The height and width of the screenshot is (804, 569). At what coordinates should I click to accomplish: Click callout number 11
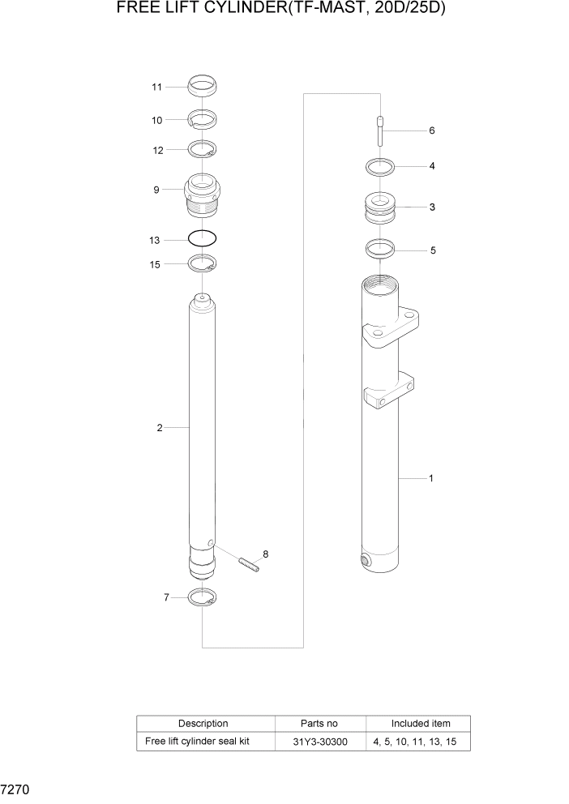[x=157, y=87]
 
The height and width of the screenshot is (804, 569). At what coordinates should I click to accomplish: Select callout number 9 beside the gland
[x=156, y=190]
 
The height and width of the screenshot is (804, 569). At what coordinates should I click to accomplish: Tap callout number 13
[x=156, y=241]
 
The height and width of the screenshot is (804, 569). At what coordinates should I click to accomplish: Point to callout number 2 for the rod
[x=160, y=427]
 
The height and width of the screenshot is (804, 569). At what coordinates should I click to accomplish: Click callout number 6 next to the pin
[x=432, y=130]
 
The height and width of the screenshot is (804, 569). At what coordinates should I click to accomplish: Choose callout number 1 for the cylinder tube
[x=430, y=478]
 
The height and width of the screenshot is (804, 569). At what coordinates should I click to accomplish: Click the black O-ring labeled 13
[x=203, y=239]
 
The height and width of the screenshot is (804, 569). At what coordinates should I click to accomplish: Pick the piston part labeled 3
[x=380, y=208]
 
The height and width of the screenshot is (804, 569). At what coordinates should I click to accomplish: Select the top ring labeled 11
[x=203, y=84]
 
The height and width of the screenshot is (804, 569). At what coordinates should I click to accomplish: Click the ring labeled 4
[x=379, y=168]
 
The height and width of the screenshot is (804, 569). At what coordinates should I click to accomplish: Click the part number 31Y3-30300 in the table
[x=320, y=742]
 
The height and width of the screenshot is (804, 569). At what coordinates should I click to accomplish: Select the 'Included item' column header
[x=420, y=723]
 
